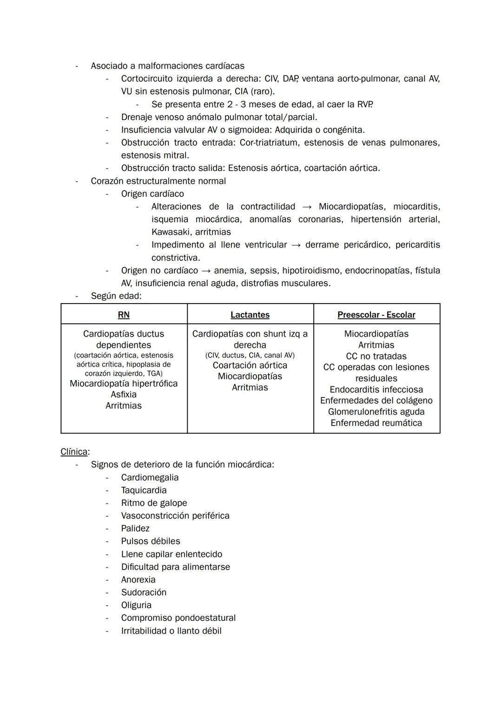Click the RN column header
pyautogui.click(x=124, y=315)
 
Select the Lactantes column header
pyautogui.click(x=250, y=315)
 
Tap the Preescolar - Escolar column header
pyautogui.click(x=376, y=315)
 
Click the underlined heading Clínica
pyautogui.click(x=74, y=452)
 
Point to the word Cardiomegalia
pyautogui.click(x=150, y=477)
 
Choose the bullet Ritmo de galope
pyautogui.click(x=154, y=503)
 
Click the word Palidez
pyautogui.click(x=135, y=529)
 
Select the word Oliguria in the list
pyautogui.click(x=136, y=605)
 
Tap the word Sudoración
pyautogui.click(x=144, y=592)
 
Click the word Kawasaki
pyautogui.click(x=171, y=232)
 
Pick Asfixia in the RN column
pyautogui.click(x=124, y=395)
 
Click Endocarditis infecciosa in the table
pyautogui.click(x=376, y=390)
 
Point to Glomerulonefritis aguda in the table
pyautogui.click(x=376, y=412)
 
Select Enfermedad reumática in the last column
pyautogui.click(x=376, y=423)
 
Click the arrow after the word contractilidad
pyautogui.click(x=307, y=207)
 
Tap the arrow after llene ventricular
pyautogui.click(x=296, y=245)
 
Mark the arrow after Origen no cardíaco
pyautogui.click(x=206, y=271)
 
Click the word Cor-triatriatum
pyautogui.click(x=268, y=143)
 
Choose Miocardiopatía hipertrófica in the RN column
pyautogui.click(x=124, y=384)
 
